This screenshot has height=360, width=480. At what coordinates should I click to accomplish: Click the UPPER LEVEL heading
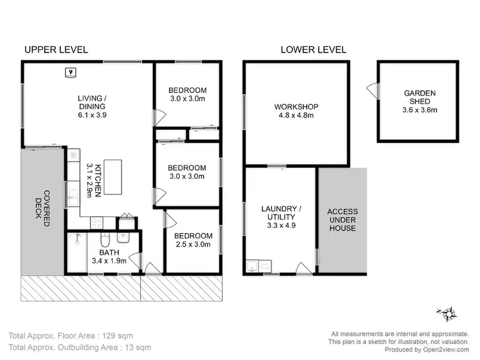56,49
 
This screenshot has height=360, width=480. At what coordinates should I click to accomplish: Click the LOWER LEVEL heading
314,49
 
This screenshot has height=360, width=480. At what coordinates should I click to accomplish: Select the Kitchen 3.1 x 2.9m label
93,180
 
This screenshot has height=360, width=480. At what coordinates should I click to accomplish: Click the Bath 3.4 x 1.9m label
108,256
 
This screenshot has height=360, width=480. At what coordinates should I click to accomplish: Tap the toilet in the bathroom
108,240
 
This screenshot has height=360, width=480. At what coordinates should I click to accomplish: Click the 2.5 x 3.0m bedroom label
193,241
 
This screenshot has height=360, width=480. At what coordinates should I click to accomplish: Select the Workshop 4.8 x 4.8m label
296,111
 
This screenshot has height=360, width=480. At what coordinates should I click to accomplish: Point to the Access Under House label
342,220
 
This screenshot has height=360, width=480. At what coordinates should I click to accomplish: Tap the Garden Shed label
419,101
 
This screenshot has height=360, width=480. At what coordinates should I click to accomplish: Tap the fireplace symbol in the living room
71,72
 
